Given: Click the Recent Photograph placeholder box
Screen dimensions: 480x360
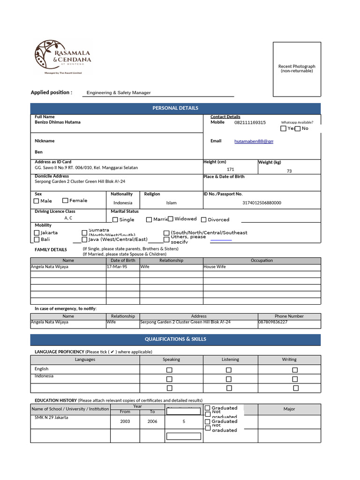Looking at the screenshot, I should (x=297, y=68).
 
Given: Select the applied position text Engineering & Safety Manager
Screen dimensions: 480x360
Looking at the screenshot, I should (x=119, y=93).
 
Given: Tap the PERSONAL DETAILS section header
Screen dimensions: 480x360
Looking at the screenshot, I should (x=175, y=108).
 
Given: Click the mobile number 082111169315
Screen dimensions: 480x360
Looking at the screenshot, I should (x=250, y=122).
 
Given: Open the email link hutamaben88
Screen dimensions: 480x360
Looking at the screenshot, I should (x=254, y=141).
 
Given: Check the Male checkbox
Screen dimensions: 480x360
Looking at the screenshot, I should (x=37, y=201).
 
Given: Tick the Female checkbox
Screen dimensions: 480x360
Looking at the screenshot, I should (x=65, y=201).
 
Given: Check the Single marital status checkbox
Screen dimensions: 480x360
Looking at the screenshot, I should (x=115, y=220).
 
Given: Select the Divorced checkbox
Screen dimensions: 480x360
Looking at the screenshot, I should (x=204, y=219).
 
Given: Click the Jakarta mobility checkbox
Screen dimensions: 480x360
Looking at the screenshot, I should (x=37, y=232).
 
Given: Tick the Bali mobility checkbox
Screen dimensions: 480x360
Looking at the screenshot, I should (x=37, y=240).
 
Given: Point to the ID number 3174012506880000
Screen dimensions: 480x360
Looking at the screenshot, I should (x=262, y=203).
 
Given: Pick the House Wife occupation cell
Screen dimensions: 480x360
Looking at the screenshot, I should (x=215, y=267).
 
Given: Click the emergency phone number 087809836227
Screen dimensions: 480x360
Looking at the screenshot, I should (x=273, y=322).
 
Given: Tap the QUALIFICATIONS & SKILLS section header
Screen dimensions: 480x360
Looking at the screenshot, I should (x=175, y=339).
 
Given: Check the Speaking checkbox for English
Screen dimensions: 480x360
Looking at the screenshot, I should (x=170, y=370).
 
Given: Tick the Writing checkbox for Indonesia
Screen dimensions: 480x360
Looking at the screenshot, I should (x=295, y=379).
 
